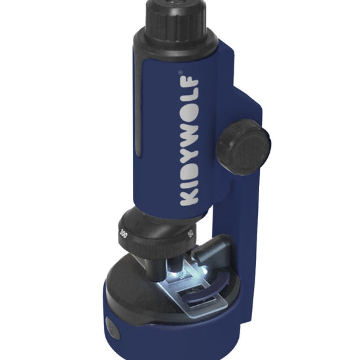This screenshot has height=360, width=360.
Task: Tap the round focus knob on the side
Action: (243, 147)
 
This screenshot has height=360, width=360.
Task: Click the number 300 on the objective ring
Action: (123, 234)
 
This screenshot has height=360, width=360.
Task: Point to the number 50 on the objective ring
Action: (190, 234)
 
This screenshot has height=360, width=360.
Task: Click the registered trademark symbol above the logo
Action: (181, 72)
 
